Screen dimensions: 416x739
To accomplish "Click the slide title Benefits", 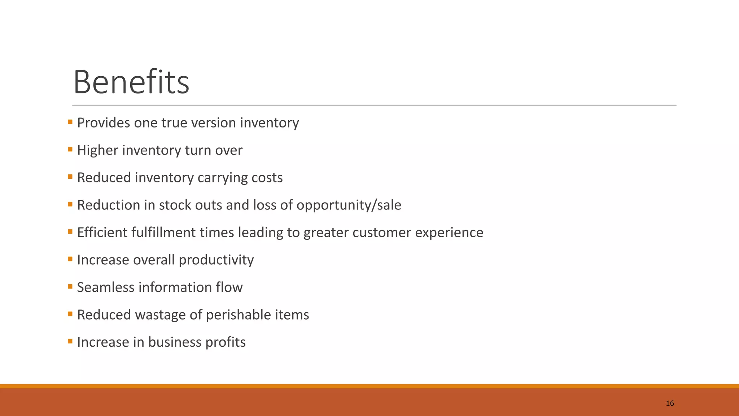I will [x=131, y=82].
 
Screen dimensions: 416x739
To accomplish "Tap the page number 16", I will [x=670, y=403].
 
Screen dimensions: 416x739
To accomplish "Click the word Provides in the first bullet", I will [x=104, y=123].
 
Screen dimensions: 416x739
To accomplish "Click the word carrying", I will [x=222, y=178].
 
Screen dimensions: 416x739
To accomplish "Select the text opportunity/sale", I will [x=349, y=205].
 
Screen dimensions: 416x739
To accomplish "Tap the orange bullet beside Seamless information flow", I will [x=70, y=287].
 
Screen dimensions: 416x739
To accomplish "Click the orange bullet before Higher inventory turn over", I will [x=70, y=149].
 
